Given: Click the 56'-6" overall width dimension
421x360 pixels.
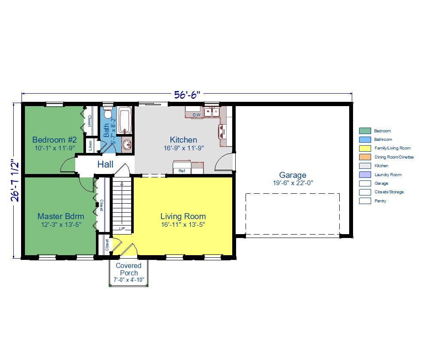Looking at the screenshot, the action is [187, 95].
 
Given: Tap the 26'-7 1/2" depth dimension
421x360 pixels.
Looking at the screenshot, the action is [15, 180].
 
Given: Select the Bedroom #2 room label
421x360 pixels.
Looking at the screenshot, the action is [55, 140].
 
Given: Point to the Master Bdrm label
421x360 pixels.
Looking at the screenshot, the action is [61, 216].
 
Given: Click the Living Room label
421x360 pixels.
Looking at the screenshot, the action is [183, 216].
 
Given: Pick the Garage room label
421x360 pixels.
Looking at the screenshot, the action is [293, 175].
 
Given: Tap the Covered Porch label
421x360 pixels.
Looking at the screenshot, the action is [129, 269].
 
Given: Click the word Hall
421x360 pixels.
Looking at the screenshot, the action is [105, 164].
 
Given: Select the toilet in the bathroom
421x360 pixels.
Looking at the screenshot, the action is [108, 113].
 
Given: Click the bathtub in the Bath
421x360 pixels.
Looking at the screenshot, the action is [125, 120].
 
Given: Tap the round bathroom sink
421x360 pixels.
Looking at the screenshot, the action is [127, 145].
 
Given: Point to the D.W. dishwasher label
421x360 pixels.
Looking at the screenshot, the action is [197, 115].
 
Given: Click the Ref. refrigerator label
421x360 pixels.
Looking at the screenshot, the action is [182, 171].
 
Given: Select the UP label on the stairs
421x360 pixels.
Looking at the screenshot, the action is [122, 229].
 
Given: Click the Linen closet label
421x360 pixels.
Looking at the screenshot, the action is [90, 145].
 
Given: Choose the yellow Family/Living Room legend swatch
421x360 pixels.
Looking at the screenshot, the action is [365, 148].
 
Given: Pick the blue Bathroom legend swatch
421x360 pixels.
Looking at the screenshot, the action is [365, 140].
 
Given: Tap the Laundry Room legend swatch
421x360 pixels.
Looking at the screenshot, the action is [365, 175].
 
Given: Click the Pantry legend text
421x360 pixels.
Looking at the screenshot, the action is [380, 201].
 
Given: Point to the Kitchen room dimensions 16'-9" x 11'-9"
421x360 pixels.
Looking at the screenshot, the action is [184, 148].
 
